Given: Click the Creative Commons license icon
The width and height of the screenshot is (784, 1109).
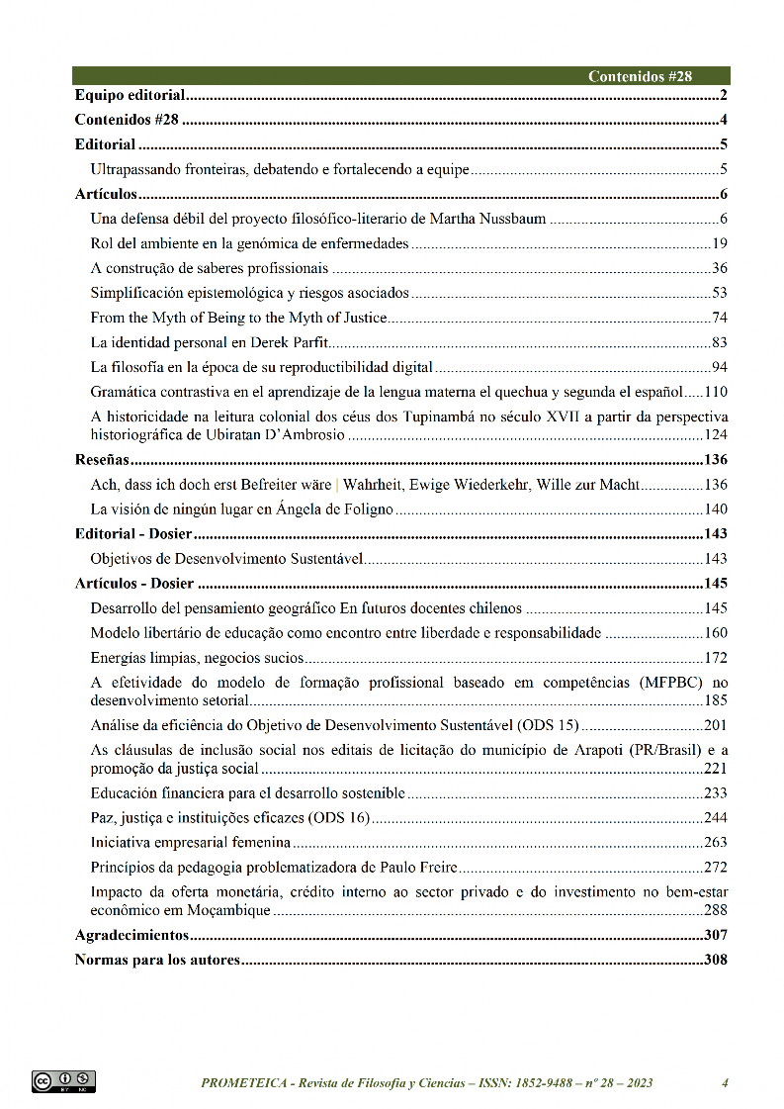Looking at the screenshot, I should tap(63, 1081).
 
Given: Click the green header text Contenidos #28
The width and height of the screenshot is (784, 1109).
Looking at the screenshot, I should tap(640, 76).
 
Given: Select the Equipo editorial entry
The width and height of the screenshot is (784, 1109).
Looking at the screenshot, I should tap(131, 96).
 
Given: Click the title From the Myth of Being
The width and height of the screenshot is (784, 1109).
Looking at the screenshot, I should tap(238, 318).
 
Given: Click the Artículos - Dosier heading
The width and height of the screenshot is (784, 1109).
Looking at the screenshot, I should tap(134, 584).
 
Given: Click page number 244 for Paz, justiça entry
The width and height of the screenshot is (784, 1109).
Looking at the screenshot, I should tap(715, 818).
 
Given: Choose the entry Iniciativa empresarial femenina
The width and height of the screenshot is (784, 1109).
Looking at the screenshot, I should tap(190, 843).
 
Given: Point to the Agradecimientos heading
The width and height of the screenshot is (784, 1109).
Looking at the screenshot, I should tap(131, 935).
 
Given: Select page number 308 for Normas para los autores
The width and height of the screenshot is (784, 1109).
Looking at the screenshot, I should tap(715, 960).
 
